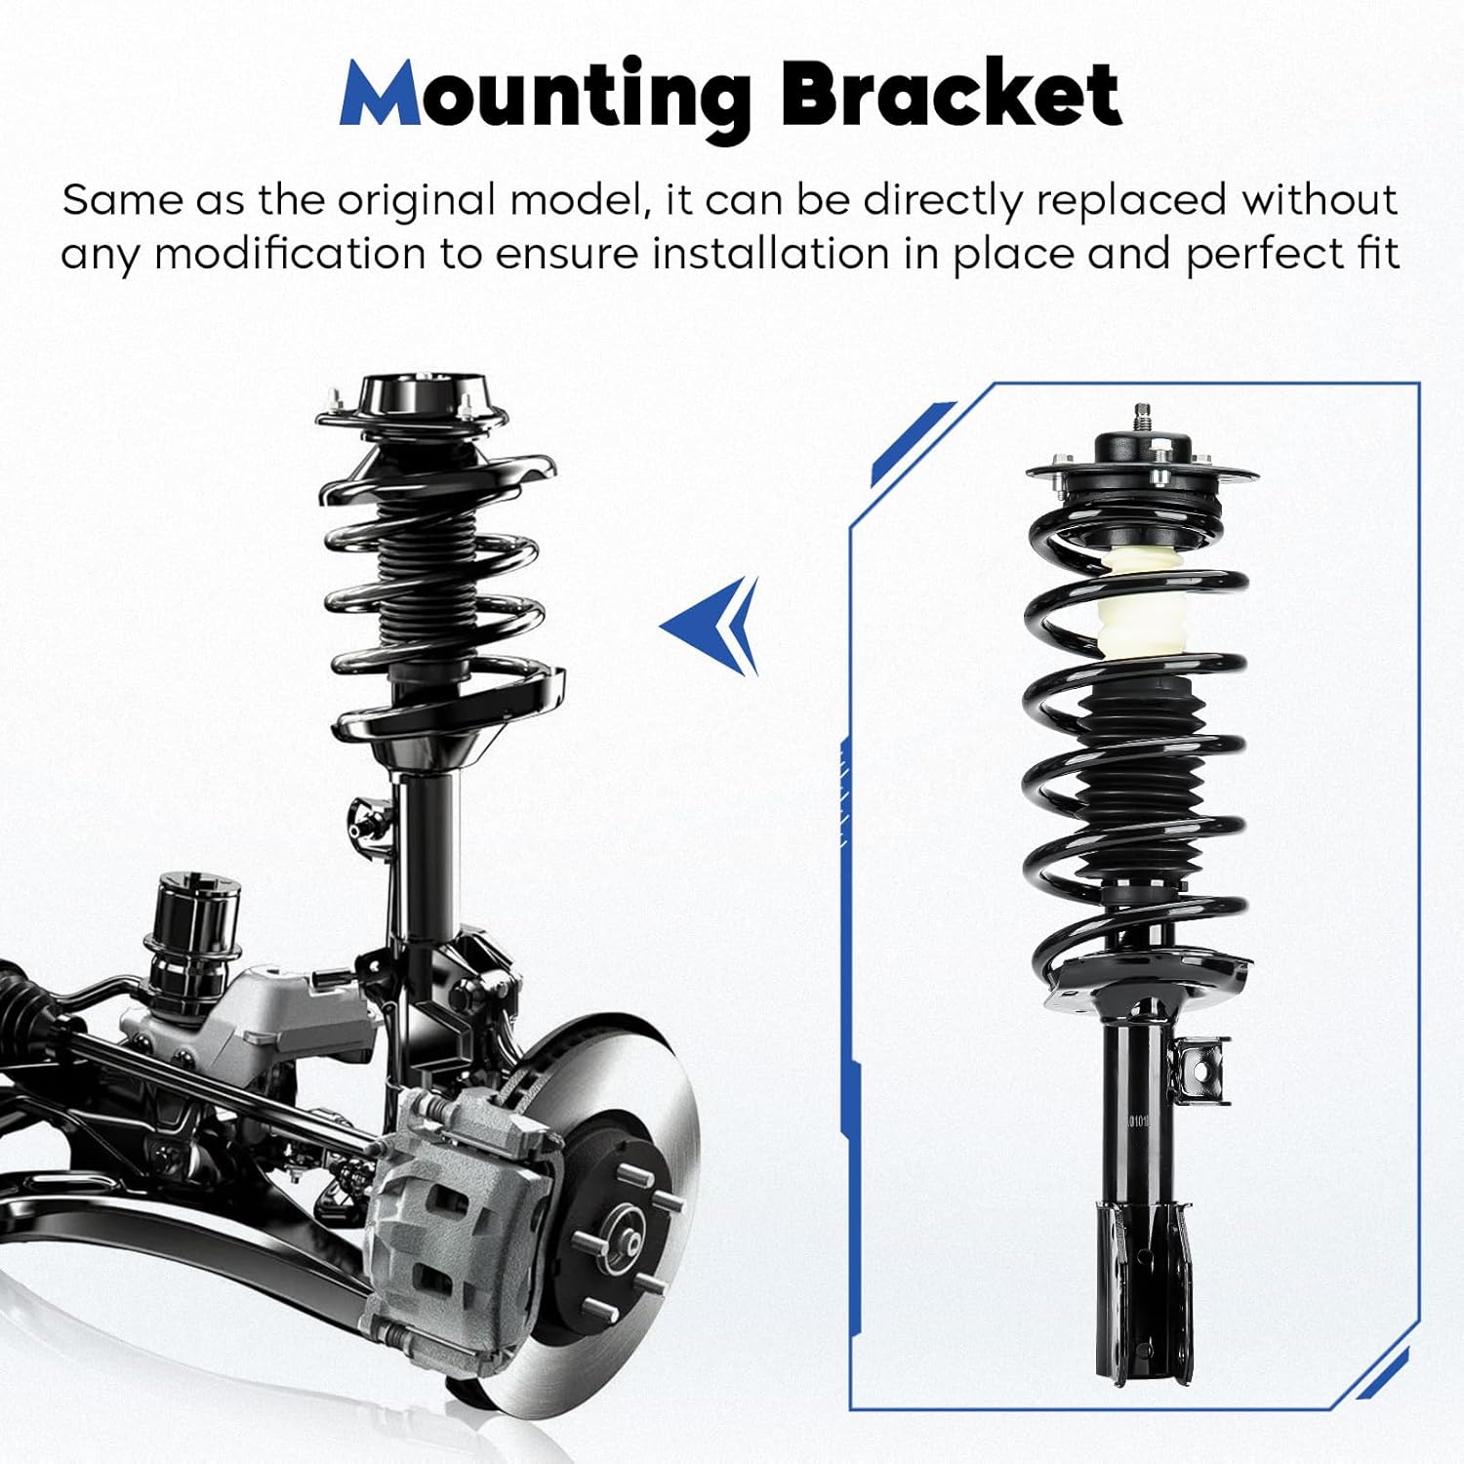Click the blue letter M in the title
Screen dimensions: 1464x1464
click(x=381, y=95)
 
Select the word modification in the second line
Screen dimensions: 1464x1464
click(x=290, y=254)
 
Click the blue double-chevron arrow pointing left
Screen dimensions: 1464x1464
click(x=713, y=626)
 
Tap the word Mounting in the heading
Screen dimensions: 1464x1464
click(x=547, y=95)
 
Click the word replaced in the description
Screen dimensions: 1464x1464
click(x=1130, y=200)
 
